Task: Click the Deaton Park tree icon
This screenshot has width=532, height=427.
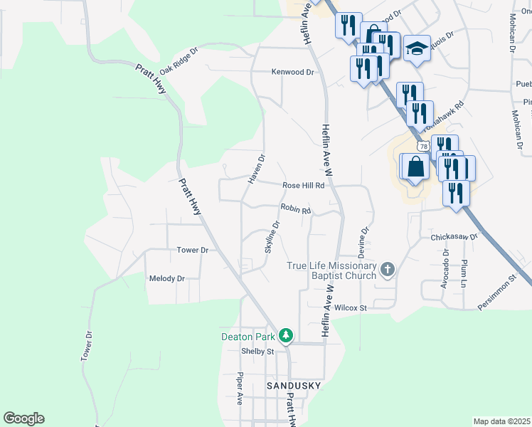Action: pyautogui.click(x=286, y=334)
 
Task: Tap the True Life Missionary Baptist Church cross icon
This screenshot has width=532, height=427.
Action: pyautogui.click(x=387, y=269)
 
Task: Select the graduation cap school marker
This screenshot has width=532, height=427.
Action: pyautogui.click(x=417, y=48)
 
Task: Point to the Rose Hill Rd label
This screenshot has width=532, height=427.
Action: pyautogui.click(x=303, y=185)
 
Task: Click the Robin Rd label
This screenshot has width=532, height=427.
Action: pyautogui.click(x=295, y=209)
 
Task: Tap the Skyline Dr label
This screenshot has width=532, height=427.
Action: pyautogui.click(x=272, y=236)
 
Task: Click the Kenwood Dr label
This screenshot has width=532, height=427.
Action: pyautogui.click(x=292, y=73)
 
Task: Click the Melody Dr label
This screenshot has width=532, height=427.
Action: pyautogui.click(x=166, y=278)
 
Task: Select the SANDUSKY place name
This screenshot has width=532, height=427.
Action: pyautogui.click(x=293, y=385)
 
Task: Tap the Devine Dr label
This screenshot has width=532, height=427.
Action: pyautogui.click(x=365, y=242)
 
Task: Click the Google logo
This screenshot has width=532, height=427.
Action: pyautogui.click(x=23, y=418)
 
